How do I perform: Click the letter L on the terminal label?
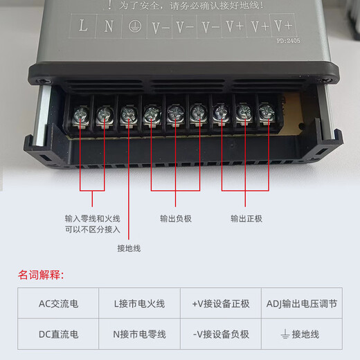pyautogui.click(x=83, y=27)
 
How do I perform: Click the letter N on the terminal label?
pyautogui.click(x=109, y=27)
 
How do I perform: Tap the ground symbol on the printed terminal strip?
pyautogui.click(x=134, y=28)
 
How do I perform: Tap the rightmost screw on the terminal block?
pyautogui.click(x=265, y=111)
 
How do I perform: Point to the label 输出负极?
pyautogui.click(x=175, y=218)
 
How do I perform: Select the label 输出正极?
pyautogui.click(x=246, y=218)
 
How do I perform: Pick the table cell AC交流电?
pyautogui.click(x=58, y=303)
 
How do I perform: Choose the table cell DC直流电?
pyautogui.click(x=58, y=334)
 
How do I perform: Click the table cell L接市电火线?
pyautogui.click(x=139, y=303)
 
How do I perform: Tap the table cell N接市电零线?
pyautogui.click(x=139, y=334)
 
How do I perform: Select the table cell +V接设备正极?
pyautogui.click(x=220, y=303)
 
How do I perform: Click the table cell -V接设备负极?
pyautogui.click(x=220, y=334)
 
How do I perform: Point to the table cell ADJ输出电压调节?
pyautogui.click(x=301, y=303)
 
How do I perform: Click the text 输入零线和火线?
pyautogui.click(x=92, y=218)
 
